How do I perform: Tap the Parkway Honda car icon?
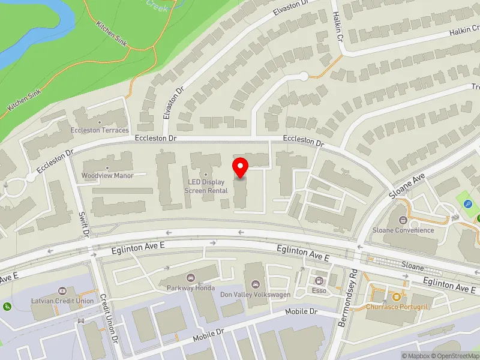(x=191, y=277)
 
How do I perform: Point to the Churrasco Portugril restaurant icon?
(x=395, y=297)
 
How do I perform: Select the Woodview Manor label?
(x=107, y=176)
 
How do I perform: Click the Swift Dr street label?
(x=85, y=224)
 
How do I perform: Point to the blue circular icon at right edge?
(x=468, y=205)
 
